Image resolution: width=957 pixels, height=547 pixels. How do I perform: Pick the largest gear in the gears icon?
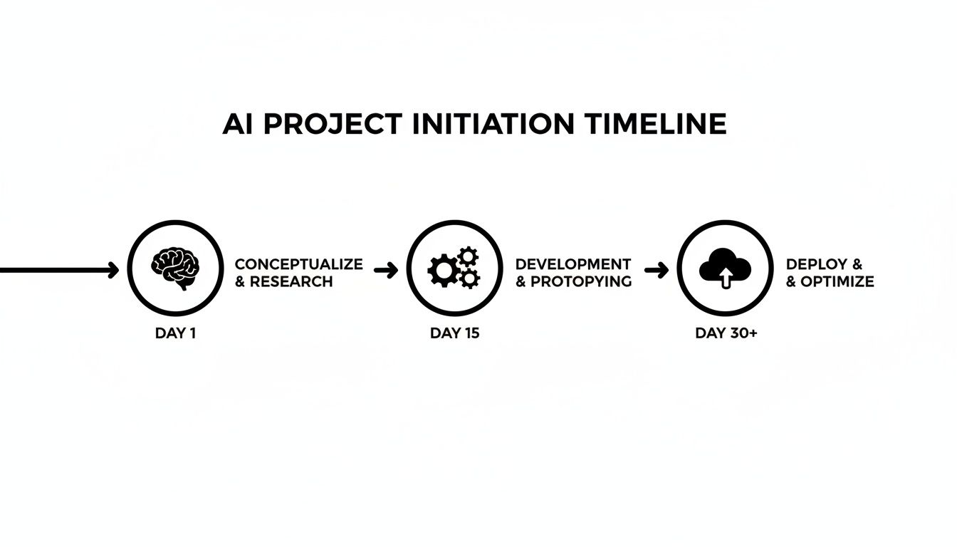(x=443, y=271)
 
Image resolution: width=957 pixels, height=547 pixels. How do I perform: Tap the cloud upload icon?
(x=725, y=268)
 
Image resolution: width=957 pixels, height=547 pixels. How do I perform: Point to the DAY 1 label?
(x=175, y=333)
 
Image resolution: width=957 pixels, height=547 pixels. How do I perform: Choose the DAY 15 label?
(x=455, y=333)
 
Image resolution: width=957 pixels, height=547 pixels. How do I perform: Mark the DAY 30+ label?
(x=726, y=333)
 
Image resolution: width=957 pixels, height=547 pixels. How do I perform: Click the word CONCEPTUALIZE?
(x=298, y=264)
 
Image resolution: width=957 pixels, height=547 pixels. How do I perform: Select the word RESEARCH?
(x=291, y=281)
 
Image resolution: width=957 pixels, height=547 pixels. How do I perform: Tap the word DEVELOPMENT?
(x=573, y=264)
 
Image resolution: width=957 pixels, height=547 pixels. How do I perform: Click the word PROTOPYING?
(x=581, y=281)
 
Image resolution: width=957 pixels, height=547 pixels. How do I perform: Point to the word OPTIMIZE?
(x=837, y=281)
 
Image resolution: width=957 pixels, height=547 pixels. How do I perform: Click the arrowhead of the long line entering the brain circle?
(x=113, y=270)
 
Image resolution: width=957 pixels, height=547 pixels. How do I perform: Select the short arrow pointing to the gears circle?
(x=386, y=270)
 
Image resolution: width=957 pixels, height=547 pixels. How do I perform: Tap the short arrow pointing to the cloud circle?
(x=657, y=270)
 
